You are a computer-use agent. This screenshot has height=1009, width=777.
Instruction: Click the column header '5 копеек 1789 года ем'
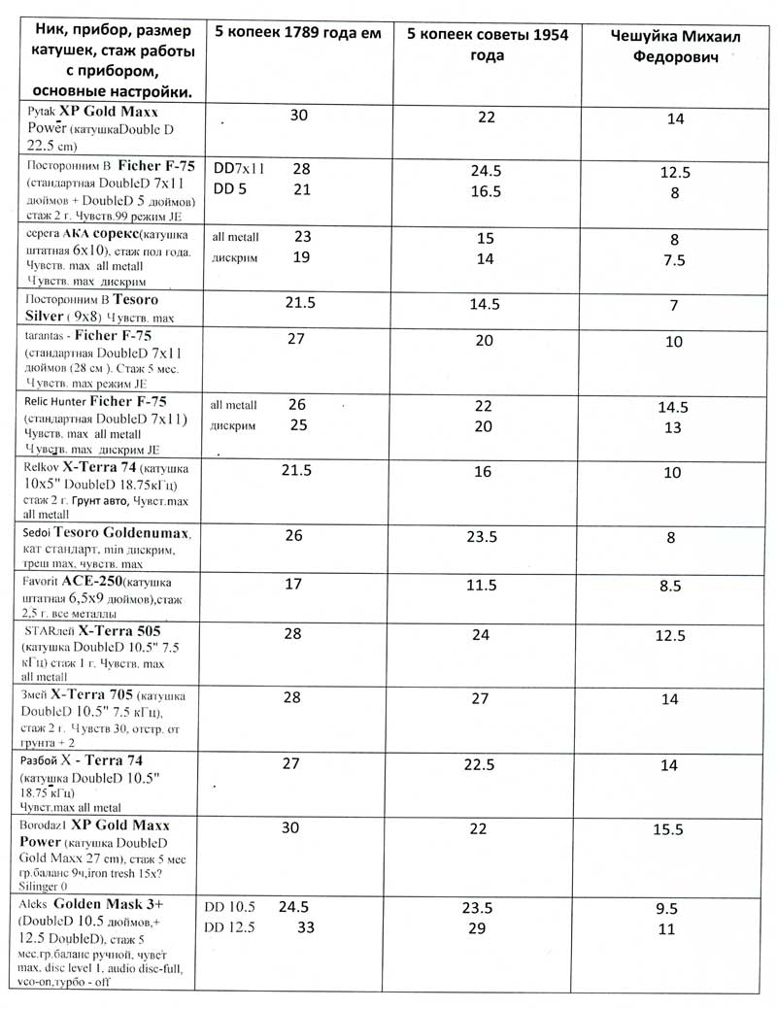click(292, 31)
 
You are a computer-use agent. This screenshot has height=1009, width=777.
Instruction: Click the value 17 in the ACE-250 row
click(292, 584)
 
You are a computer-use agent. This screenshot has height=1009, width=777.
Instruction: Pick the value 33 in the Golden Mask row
click(304, 926)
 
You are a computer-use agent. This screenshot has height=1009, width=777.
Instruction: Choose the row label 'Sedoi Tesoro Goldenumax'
click(107, 549)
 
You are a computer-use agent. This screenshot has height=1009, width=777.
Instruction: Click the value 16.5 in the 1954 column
click(486, 191)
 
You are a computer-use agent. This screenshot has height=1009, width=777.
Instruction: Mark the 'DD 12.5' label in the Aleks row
click(229, 927)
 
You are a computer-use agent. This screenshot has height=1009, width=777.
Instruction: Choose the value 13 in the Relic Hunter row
click(672, 427)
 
